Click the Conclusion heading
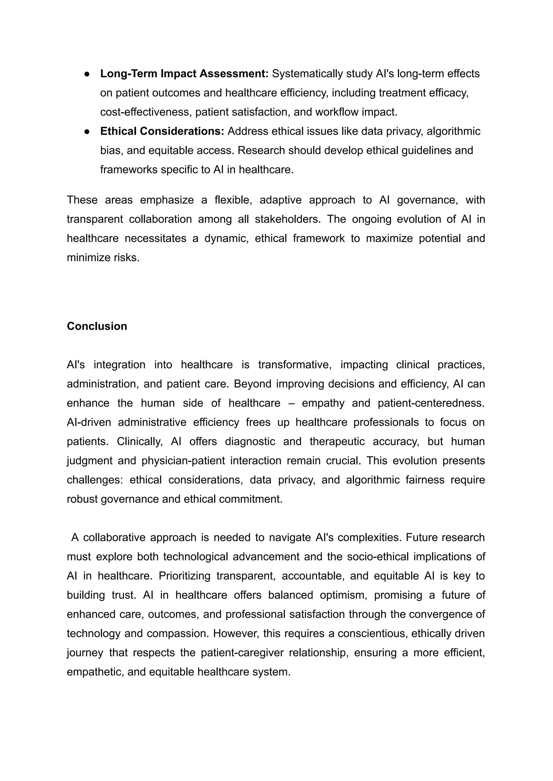[x=97, y=326]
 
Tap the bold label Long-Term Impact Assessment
[x=184, y=73]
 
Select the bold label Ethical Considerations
[x=162, y=131]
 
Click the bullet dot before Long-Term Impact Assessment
[x=87, y=74]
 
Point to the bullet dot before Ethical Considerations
[x=87, y=131]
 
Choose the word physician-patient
[x=183, y=461]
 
